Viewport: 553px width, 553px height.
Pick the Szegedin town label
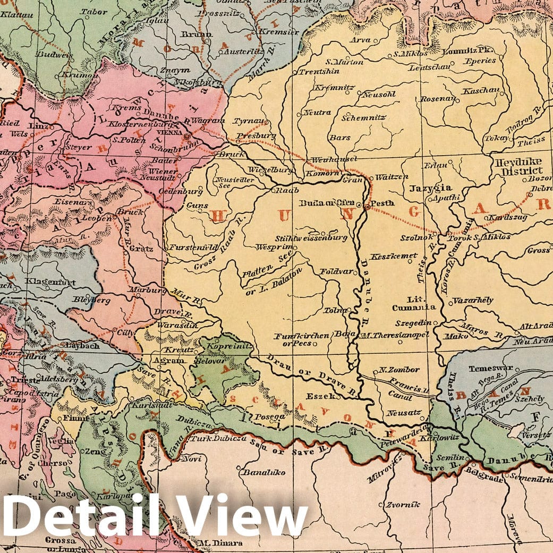pyautogui.click(x=412, y=322)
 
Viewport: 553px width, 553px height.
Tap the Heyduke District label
pyautogui.click(x=517, y=166)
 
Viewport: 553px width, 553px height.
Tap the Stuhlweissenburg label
pyautogui.click(x=311, y=238)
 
